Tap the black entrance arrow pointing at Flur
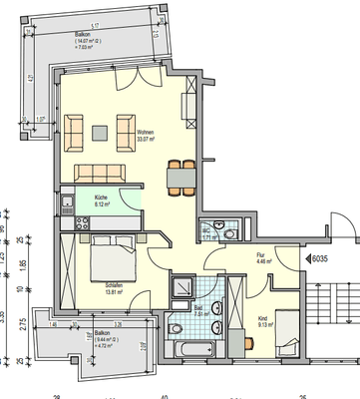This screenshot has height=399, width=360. pos(308,258)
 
